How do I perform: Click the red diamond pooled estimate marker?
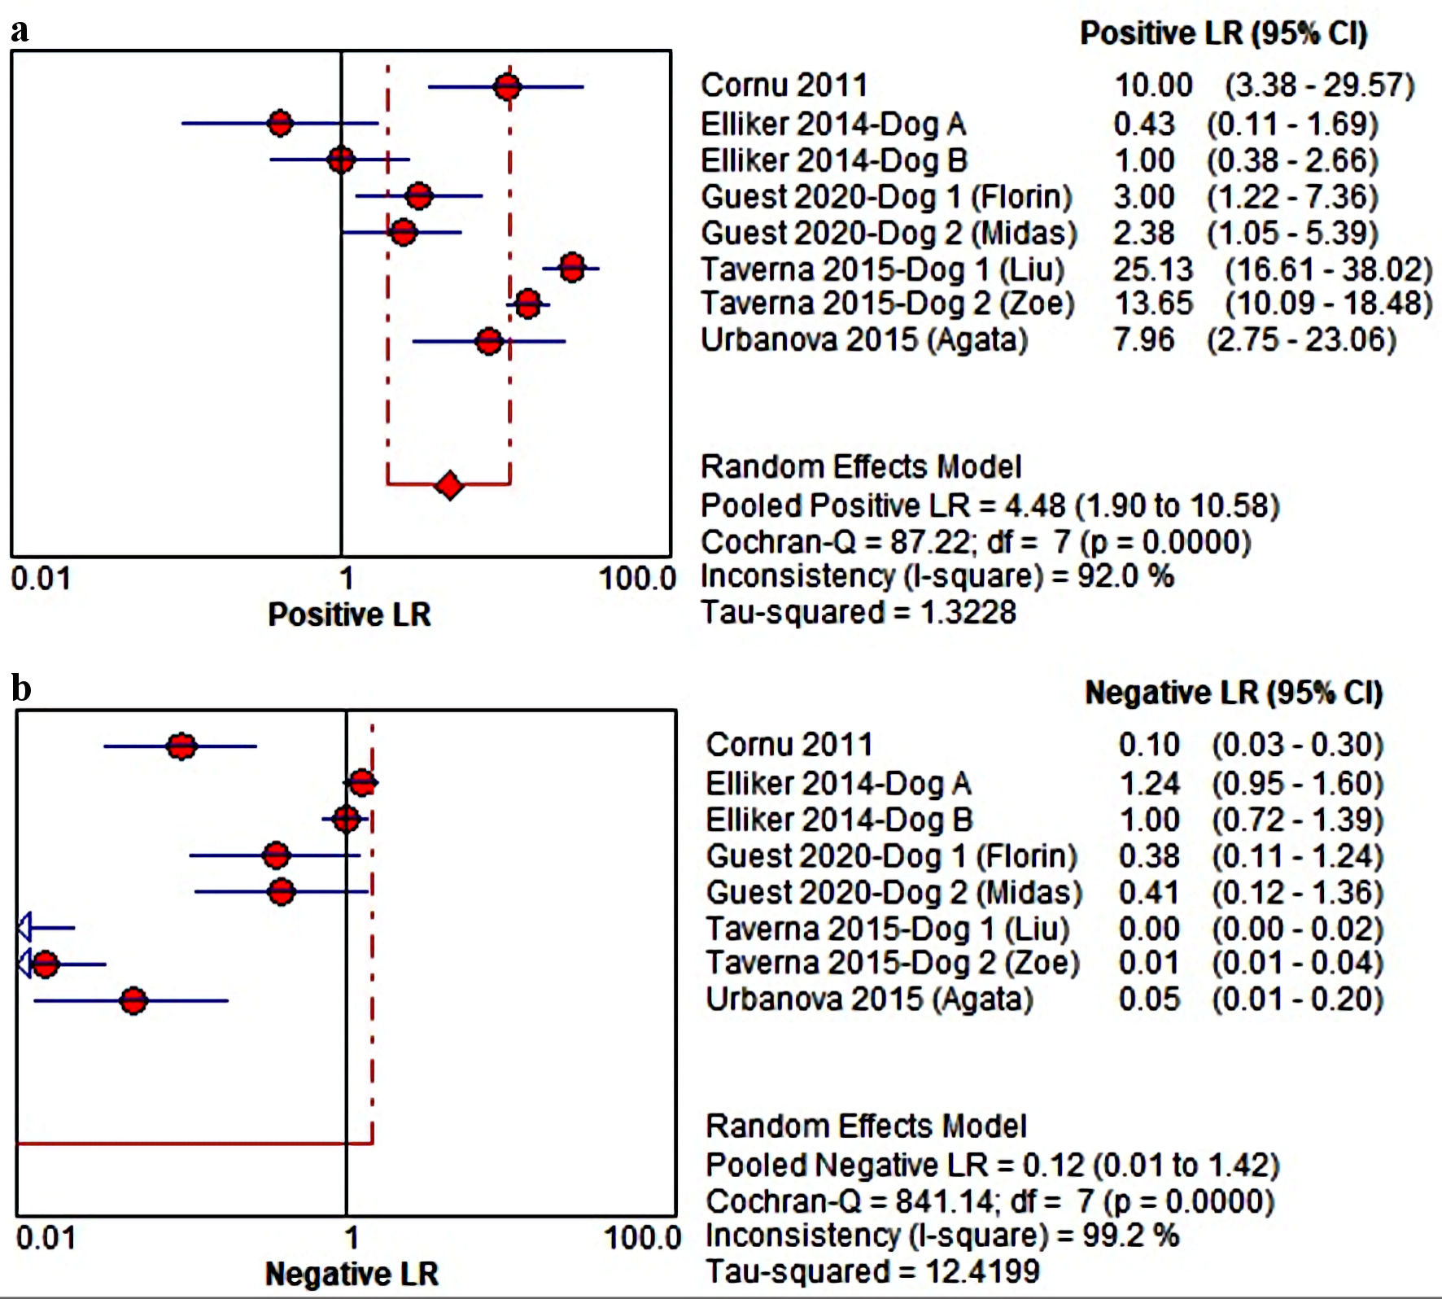coord(449,485)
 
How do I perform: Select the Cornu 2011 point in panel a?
coord(507,86)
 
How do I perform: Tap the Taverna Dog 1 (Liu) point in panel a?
coord(572,267)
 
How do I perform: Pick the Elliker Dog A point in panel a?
coord(280,124)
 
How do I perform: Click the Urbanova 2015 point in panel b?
coord(133,1000)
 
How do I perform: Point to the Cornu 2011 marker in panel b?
coord(181,746)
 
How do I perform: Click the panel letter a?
coord(20,30)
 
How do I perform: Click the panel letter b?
coord(21,689)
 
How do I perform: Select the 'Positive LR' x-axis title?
coord(349,615)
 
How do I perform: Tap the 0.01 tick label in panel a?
coord(41,579)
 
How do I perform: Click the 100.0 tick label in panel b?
coord(642,1238)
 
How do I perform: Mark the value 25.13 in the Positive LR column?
coord(1152,269)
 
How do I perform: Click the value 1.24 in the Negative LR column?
coord(1149,783)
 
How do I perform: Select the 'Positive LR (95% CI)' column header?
coord(1223,33)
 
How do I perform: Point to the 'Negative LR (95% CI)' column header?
coord(1234,693)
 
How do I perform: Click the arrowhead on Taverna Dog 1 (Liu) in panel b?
coord(24,927)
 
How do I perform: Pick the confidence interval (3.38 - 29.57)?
coord(1319,85)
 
